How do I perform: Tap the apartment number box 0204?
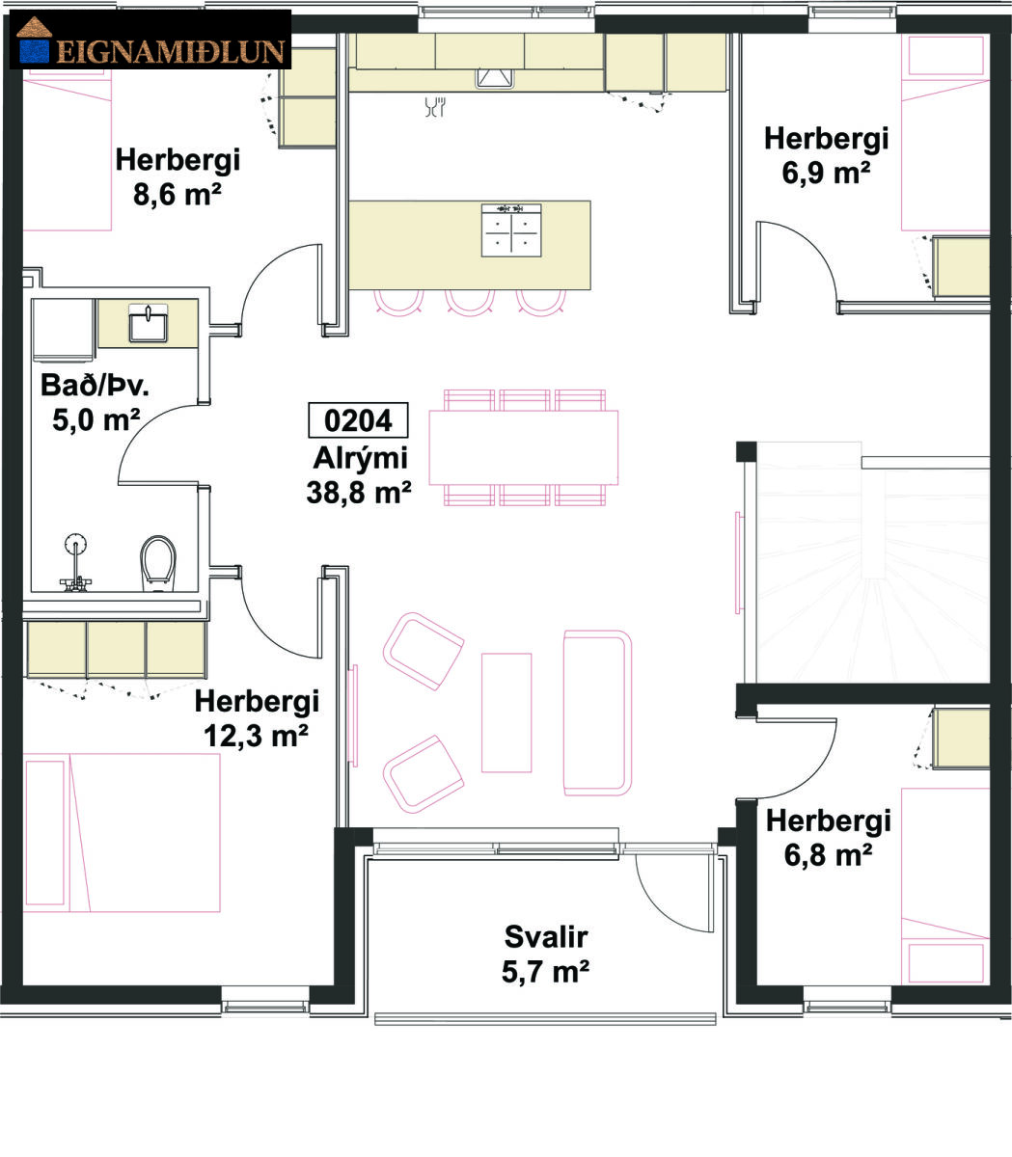pos(358,420)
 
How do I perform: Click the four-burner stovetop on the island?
pos(511,230)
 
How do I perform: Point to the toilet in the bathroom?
pos(158,563)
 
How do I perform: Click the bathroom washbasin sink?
pos(149,324)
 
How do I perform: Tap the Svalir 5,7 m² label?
pos(546,954)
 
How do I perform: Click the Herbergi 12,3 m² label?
pos(257,718)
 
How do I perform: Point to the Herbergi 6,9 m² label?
pos(827,155)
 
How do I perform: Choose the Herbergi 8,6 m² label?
pos(178,176)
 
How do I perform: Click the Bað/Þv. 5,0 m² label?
pos(96,403)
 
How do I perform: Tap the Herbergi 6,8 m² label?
pos(828,838)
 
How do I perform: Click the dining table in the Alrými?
pos(523,447)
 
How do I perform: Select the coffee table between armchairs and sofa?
pos(506,713)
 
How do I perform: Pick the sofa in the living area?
pos(597,713)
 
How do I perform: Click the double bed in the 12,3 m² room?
pos(122,832)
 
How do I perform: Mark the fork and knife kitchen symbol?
pos(435,107)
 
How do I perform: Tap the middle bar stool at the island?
pos(470,303)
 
